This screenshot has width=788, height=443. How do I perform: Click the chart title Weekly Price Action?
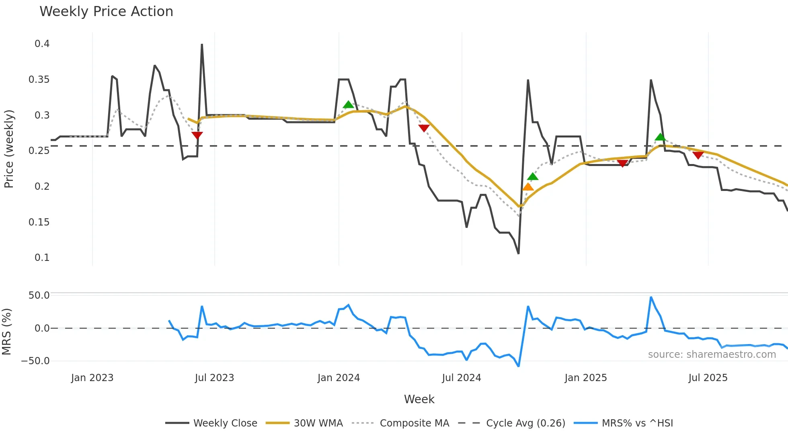(106, 12)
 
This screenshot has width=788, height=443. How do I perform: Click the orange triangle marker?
(528, 187)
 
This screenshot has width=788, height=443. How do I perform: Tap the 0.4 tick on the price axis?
(42, 44)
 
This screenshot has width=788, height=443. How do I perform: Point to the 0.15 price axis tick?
(39, 222)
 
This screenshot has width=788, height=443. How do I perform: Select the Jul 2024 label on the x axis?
(461, 378)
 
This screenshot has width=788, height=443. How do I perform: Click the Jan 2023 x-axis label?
(92, 378)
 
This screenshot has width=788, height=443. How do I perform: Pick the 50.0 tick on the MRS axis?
(39, 295)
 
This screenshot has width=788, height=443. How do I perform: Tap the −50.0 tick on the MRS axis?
(35, 361)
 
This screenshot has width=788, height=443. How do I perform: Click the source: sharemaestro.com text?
(712, 355)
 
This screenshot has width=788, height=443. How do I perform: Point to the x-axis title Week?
(419, 399)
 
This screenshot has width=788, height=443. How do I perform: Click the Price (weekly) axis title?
(9, 149)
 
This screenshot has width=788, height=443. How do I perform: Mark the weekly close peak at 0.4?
(202, 45)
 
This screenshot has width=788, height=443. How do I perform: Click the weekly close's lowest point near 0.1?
(518, 253)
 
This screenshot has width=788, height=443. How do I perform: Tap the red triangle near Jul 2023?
(197, 135)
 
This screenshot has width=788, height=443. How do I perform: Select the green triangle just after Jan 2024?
(348, 105)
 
